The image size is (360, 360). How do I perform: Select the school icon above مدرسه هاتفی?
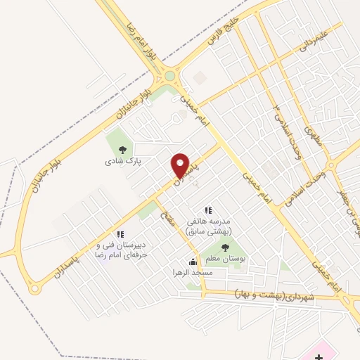(207, 210)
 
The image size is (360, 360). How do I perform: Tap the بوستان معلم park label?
(225, 259)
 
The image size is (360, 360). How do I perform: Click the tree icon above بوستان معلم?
(225, 247)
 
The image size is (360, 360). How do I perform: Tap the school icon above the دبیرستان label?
(120, 234)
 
